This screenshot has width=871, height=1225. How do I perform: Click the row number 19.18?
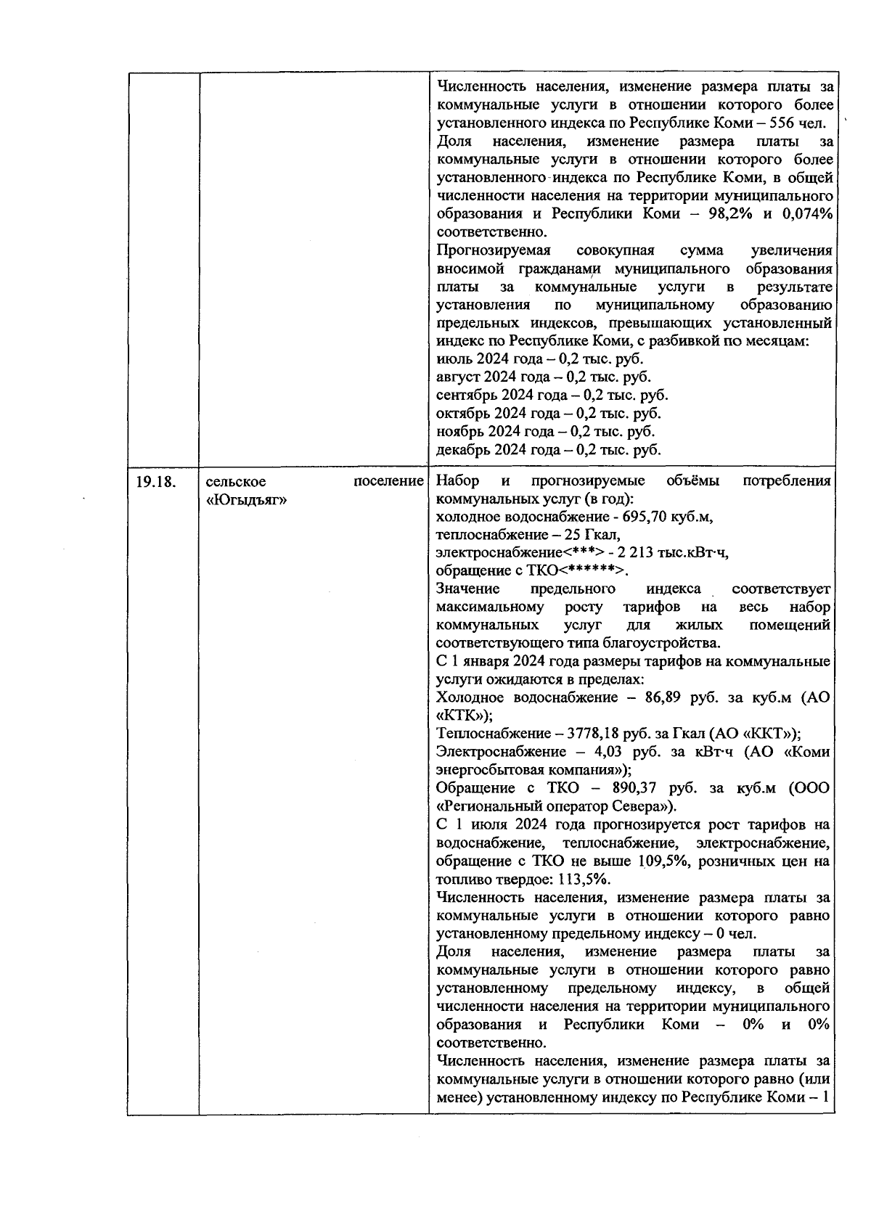(156, 481)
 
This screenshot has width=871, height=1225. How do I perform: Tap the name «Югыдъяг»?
(245, 499)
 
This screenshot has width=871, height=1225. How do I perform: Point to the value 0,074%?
(806, 214)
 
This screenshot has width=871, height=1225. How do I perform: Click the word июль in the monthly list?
(454, 359)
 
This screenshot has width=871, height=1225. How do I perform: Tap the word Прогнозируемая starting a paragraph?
(494, 250)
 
